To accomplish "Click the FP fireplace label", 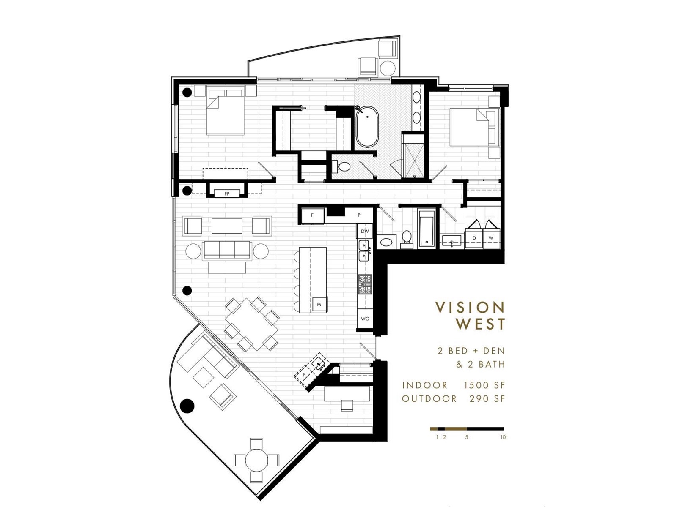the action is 227,194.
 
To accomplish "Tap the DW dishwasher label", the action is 365,231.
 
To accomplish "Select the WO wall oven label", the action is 365,319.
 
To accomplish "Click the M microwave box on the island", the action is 319,305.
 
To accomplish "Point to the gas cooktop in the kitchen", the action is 365,284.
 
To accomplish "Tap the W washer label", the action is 491,237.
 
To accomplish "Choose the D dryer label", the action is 474,238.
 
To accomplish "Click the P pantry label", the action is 359,215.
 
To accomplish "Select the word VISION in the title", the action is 470,308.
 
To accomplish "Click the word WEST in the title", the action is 481,324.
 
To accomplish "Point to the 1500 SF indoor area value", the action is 484,385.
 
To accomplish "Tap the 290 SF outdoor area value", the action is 487,399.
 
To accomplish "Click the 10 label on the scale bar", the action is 503,437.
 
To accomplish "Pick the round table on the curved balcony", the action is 256,461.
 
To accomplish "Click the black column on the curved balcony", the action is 187,406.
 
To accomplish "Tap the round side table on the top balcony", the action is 388,68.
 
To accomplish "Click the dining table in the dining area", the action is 252,324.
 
